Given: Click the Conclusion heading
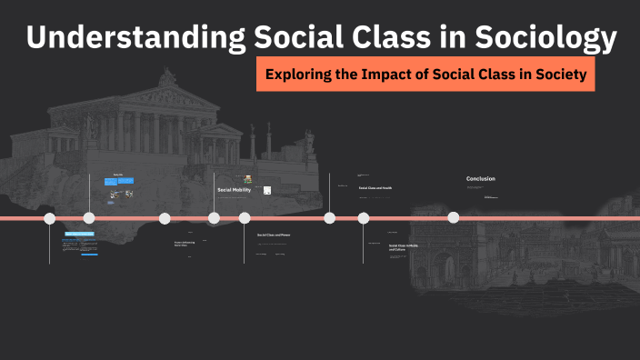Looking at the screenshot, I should click(x=481, y=179).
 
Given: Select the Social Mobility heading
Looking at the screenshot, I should click(x=234, y=190).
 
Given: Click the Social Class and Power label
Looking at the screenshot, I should click(x=275, y=235).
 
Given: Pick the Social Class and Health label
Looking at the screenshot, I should click(x=375, y=188).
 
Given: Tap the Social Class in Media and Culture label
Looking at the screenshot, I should click(x=403, y=246).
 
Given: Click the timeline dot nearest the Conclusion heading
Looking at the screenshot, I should click(x=453, y=217).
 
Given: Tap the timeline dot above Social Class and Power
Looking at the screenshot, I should click(x=245, y=218).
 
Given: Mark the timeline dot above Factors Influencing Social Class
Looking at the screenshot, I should click(x=165, y=218).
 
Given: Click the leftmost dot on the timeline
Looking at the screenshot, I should click(x=50, y=218).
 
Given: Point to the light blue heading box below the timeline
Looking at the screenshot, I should click(x=79, y=234).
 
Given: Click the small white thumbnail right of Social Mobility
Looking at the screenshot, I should click(x=267, y=190).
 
